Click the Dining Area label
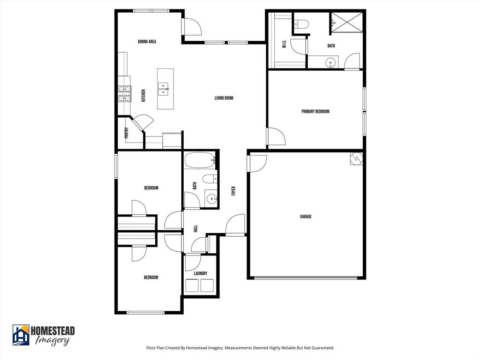[147, 42]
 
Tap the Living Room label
[224, 98]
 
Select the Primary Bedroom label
[315, 112]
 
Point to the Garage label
[306, 217]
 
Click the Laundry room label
[200, 273]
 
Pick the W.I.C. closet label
[284, 45]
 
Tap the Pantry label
[126, 133]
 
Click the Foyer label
[233, 191]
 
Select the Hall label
[195, 228]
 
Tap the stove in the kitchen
[124, 93]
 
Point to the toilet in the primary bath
[300, 23]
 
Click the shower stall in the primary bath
[347, 22]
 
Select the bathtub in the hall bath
[199, 161]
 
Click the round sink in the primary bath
[331, 62]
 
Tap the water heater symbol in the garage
[356, 158]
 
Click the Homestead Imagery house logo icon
[21, 335]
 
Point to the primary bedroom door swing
[276, 136]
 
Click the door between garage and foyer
[257, 163]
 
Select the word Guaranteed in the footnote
[322, 348]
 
